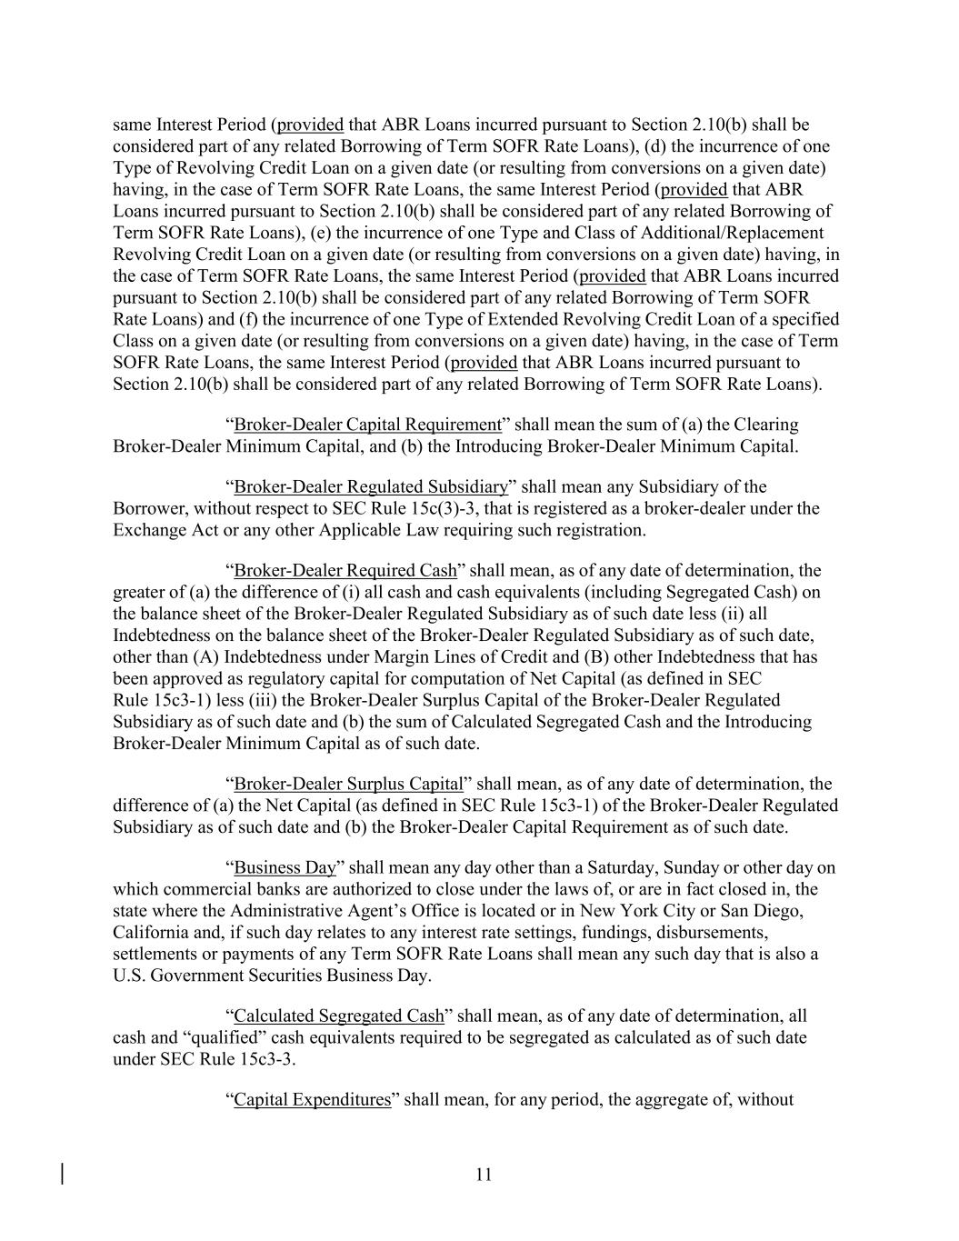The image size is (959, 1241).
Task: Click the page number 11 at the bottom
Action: point(483,1175)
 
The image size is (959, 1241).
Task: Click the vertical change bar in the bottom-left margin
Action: point(62,1174)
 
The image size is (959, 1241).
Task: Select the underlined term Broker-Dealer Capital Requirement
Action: point(367,425)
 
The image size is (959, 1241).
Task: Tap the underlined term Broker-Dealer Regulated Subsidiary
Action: point(371,487)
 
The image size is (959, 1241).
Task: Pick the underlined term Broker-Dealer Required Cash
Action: point(345,571)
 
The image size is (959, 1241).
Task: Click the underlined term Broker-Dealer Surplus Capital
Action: point(348,784)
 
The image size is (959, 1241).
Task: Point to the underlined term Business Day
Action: point(285,867)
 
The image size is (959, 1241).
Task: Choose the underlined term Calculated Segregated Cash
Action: point(339,1016)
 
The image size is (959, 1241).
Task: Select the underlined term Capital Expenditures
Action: point(312,1099)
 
